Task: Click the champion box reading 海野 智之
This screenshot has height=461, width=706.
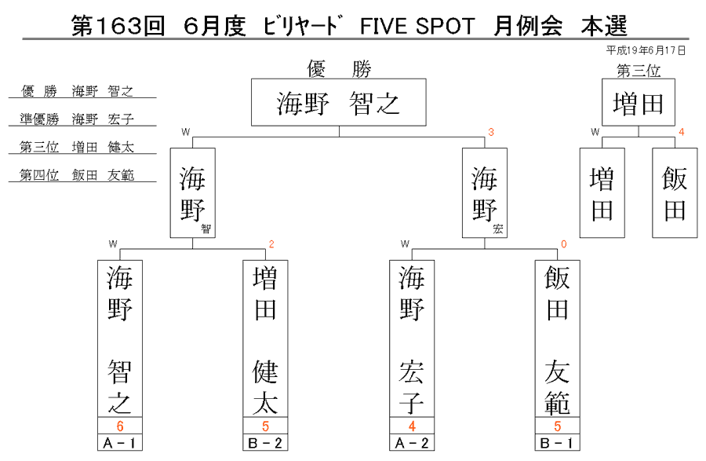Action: coord(339,102)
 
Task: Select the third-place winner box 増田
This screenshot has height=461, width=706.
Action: coord(639,102)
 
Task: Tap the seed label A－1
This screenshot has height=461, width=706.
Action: coord(120,443)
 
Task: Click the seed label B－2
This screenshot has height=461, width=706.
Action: coord(265,443)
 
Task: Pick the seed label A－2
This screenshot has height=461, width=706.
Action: coord(412,443)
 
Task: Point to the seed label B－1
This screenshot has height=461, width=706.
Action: coord(558,443)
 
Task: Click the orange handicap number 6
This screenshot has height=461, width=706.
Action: coord(120,426)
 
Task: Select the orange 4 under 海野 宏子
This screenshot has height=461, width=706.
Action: coord(412,426)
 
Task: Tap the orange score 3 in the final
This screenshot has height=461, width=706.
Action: coord(491,132)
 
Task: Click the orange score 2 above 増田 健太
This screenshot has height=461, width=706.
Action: coord(271,244)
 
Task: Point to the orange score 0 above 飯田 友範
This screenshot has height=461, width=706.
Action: coord(564,244)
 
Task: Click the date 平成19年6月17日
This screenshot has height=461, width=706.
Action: coord(646,50)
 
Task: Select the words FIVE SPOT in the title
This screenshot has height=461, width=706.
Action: coord(417,26)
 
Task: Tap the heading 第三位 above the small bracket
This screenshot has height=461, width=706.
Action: coord(639,71)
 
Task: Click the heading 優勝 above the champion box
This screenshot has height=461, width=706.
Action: coord(339,69)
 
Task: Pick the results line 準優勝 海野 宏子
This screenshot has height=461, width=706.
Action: coord(77,119)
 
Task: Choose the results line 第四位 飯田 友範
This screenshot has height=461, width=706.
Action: coord(77,175)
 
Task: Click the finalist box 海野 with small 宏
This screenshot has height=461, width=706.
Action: coord(485,193)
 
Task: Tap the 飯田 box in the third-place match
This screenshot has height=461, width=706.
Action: coord(675,193)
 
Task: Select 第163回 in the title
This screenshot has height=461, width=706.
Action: coord(118,26)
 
